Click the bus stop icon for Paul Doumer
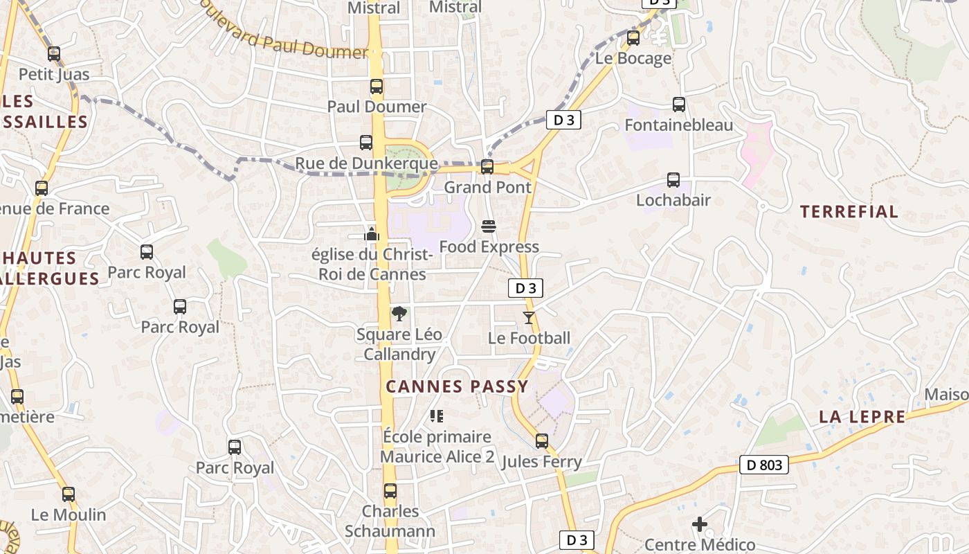coord(376,87)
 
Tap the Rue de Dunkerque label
coord(366,164)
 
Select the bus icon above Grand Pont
coord(487,167)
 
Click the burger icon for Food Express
coord(489,226)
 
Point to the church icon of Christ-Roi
coord(372,234)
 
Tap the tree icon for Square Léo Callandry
coord(399,314)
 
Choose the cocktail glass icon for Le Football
coord(529,318)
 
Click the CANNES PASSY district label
coord(457,386)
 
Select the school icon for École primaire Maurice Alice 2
coord(436,416)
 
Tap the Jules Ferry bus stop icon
coord(541,441)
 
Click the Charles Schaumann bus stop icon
coord(390,491)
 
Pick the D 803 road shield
coord(764,465)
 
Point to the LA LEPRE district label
coord(862,417)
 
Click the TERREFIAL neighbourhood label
coord(849,212)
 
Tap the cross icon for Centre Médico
coord(700,524)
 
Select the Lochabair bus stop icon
coord(673,180)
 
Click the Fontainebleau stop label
coord(678,125)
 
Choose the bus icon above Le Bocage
coord(633,38)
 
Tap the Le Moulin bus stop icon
coord(69,494)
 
